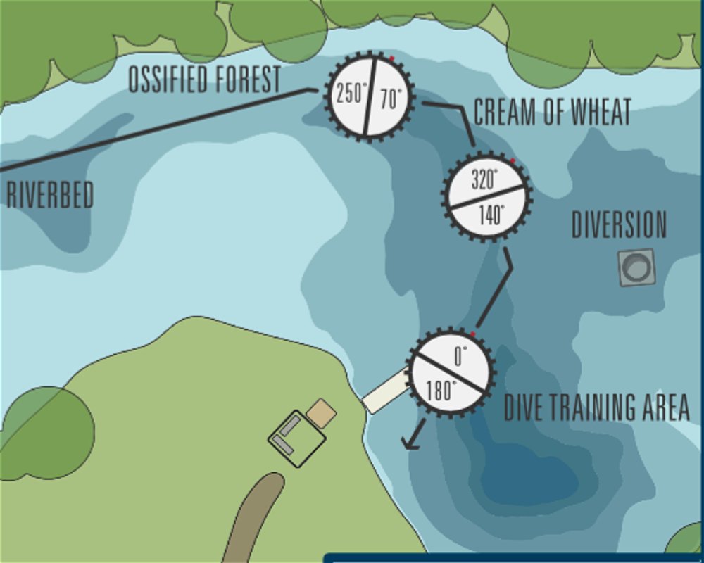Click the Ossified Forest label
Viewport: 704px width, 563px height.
point(204,80)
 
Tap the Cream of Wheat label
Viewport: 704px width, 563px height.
point(552,113)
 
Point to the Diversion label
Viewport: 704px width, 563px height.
point(619,225)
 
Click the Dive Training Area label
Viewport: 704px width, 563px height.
point(596,407)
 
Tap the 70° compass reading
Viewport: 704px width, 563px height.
point(390,99)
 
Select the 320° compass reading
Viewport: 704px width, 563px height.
point(484,180)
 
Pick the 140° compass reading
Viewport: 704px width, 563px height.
point(491,215)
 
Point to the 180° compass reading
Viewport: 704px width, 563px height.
point(441,391)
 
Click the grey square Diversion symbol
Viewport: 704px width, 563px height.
point(637,267)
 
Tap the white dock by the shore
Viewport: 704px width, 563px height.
point(386,392)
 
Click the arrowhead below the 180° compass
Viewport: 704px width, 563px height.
point(409,443)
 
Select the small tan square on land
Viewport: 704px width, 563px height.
point(322,414)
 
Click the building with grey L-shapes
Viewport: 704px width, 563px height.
point(296,438)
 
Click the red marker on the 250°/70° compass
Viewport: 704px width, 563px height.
point(391,58)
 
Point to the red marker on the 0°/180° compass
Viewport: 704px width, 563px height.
point(472,334)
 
